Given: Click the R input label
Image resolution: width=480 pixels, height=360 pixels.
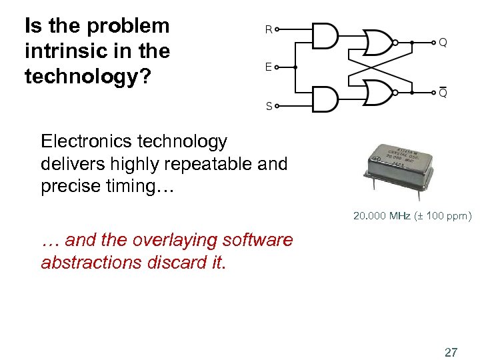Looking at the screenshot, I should tap(268, 29).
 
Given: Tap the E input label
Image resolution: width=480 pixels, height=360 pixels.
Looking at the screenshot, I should tap(268, 67).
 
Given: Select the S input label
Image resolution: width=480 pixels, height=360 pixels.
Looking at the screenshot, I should tap(269, 106).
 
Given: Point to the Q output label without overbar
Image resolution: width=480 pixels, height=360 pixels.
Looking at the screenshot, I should tap(443, 43).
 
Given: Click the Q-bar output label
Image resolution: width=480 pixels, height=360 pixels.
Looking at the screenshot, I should tap(443, 93).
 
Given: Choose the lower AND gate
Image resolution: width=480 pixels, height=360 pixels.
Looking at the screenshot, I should tap(325, 99).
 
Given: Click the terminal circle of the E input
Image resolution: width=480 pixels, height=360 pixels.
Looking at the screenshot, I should tap(277, 67).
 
